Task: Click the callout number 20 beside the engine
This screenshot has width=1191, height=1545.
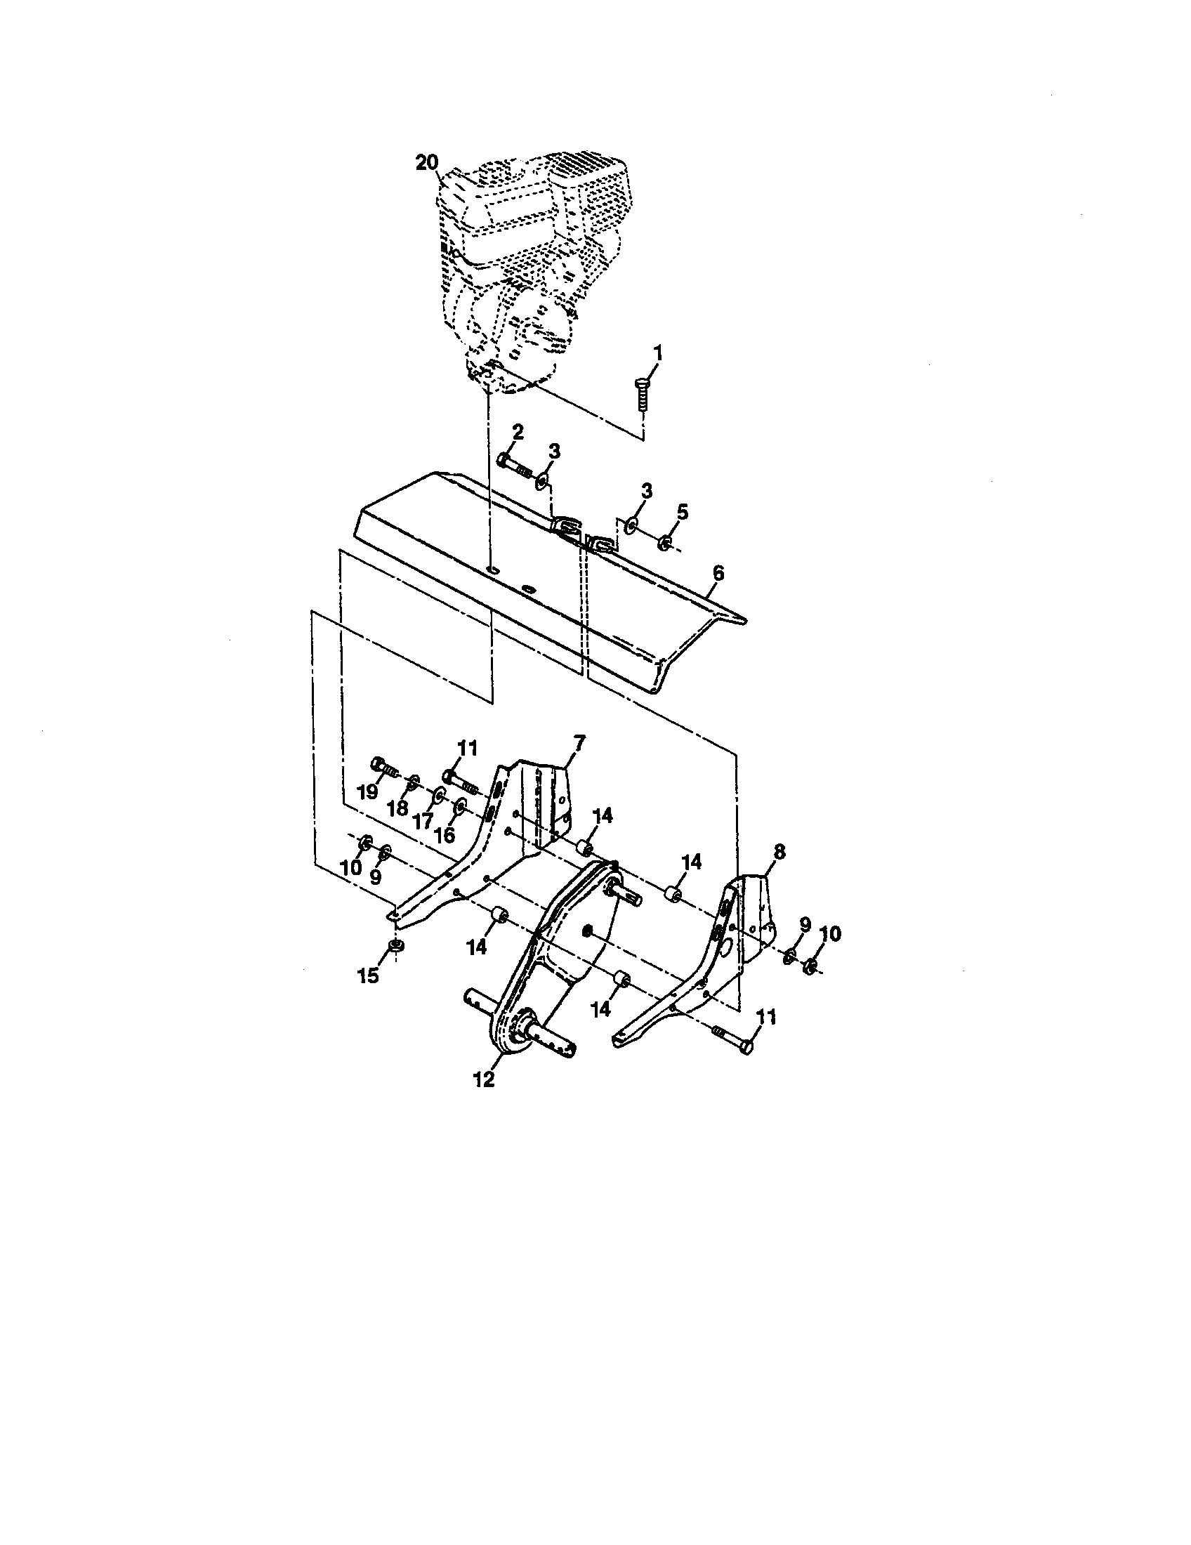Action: pyautogui.click(x=426, y=163)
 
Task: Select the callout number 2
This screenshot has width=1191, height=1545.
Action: pyautogui.click(x=518, y=432)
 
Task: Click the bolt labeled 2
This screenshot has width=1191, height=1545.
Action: pyautogui.click(x=513, y=464)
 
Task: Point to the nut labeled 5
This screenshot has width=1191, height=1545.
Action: pyautogui.click(x=665, y=544)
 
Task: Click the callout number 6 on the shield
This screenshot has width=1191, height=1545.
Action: pyautogui.click(x=718, y=573)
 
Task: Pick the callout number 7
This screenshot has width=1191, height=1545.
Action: pyautogui.click(x=579, y=742)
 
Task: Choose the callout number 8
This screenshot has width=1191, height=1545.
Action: pyautogui.click(x=779, y=852)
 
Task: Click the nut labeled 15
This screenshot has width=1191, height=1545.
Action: pyautogui.click(x=396, y=946)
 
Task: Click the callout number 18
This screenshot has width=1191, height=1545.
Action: pyautogui.click(x=397, y=808)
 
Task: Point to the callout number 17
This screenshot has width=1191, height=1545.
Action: pyautogui.click(x=422, y=822)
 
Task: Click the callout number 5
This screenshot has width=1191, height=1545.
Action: pyautogui.click(x=681, y=511)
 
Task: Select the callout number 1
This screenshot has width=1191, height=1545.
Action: pyautogui.click(x=657, y=352)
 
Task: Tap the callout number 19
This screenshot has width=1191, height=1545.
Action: pyautogui.click(x=368, y=792)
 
